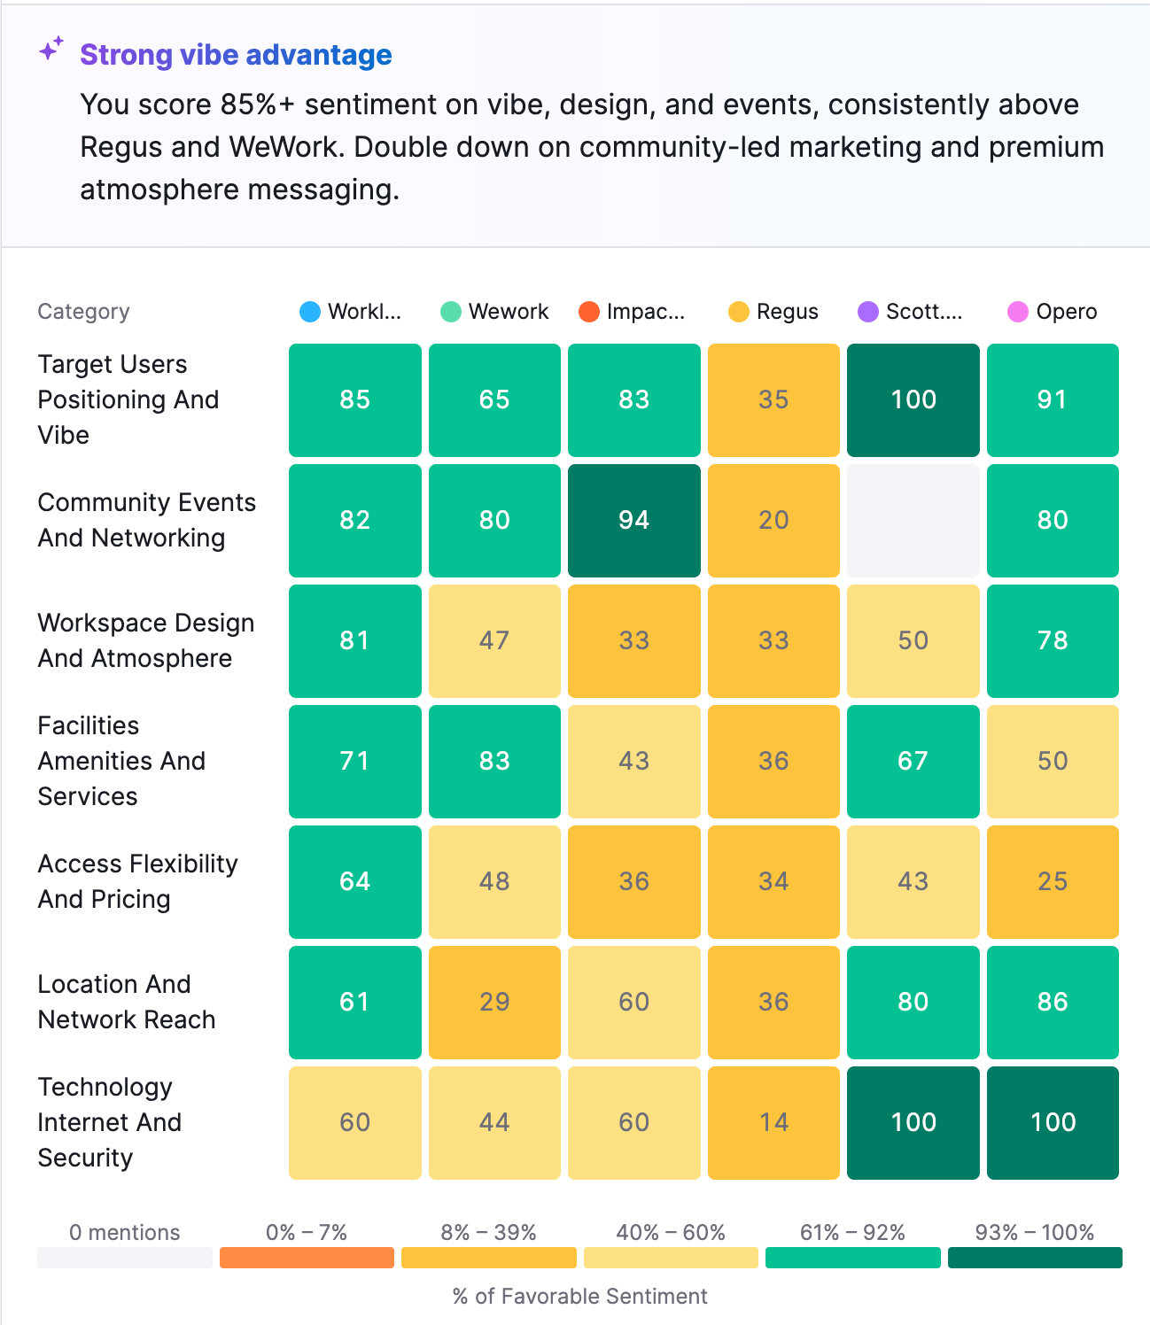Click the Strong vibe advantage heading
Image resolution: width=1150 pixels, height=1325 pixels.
tap(236, 55)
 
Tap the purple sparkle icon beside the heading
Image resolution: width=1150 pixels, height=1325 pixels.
tap(51, 49)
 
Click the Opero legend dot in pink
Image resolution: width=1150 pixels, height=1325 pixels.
tap(1018, 312)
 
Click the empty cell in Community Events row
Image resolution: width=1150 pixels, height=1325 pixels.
tap(913, 521)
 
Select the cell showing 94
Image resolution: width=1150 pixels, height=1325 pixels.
tap(633, 521)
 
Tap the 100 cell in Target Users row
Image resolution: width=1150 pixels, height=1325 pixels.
tap(913, 400)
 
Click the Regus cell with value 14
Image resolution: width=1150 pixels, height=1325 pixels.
tap(773, 1123)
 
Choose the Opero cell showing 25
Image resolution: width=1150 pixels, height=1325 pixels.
tap(1053, 882)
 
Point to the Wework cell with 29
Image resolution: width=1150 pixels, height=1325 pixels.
tap(494, 1003)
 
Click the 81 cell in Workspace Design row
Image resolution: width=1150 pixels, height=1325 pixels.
tap(354, 641)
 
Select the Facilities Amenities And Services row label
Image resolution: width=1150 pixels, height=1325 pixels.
tap(121, 761)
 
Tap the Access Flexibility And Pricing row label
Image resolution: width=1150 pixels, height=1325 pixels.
tap(137, 881)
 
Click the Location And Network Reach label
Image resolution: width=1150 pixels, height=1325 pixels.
tap(126, 1002)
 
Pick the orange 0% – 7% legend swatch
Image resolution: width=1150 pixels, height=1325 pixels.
tap(307, 1258)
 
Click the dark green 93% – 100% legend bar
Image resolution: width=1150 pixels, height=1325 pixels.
tap(1034, 1258)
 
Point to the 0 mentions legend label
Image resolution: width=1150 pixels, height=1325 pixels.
tap(124, 1232)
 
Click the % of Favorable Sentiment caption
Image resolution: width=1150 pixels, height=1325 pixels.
tap(579, 1297)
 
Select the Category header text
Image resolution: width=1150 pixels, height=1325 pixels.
tap(83, 312)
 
